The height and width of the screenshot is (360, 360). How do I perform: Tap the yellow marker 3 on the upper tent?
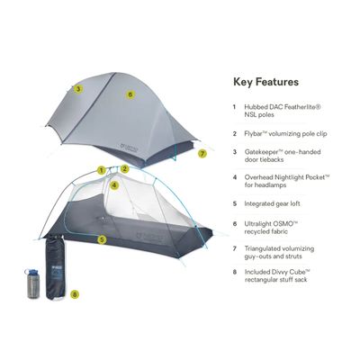pos(78,88)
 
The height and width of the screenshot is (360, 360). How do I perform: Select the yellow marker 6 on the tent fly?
pos(130,94)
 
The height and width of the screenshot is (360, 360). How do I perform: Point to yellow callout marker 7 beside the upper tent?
pos(202,154)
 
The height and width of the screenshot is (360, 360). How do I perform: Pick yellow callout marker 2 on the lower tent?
pos(126,168)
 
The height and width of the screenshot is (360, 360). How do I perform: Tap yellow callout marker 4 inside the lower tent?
pos(114,185)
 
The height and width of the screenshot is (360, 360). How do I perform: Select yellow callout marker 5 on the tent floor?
pos(103,238)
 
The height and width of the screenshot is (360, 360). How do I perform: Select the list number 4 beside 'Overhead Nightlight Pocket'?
pos(236,178)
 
